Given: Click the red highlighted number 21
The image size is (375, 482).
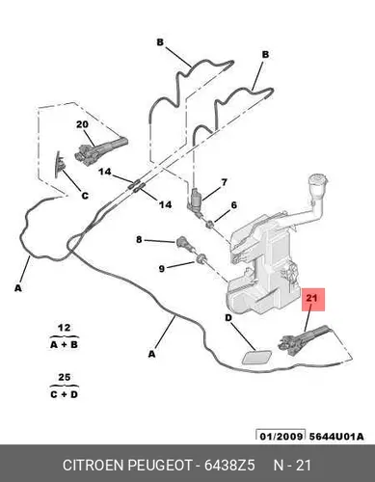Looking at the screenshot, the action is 311,298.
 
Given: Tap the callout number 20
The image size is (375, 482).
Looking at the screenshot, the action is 82,124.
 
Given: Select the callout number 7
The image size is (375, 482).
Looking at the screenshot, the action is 224,182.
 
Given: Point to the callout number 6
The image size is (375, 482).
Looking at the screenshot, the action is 233,204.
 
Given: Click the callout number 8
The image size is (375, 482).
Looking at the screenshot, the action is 139,239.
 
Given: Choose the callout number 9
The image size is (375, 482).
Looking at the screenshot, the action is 162,268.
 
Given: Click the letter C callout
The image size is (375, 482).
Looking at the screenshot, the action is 85,196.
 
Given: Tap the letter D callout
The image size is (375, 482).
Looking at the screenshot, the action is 228,318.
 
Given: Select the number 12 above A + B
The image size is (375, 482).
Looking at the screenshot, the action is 64,328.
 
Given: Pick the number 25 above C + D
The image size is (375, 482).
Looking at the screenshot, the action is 64,377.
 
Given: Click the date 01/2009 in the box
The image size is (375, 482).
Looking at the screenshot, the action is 281,437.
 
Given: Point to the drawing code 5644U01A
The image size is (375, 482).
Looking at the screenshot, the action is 336,437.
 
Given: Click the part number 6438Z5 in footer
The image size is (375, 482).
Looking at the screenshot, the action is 229,465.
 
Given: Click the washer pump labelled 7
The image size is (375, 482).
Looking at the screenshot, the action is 195,201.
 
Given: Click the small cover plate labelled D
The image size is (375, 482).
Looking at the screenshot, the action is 256,358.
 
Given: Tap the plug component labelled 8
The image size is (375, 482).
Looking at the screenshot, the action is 185,244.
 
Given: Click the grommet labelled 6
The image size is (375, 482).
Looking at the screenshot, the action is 210,224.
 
